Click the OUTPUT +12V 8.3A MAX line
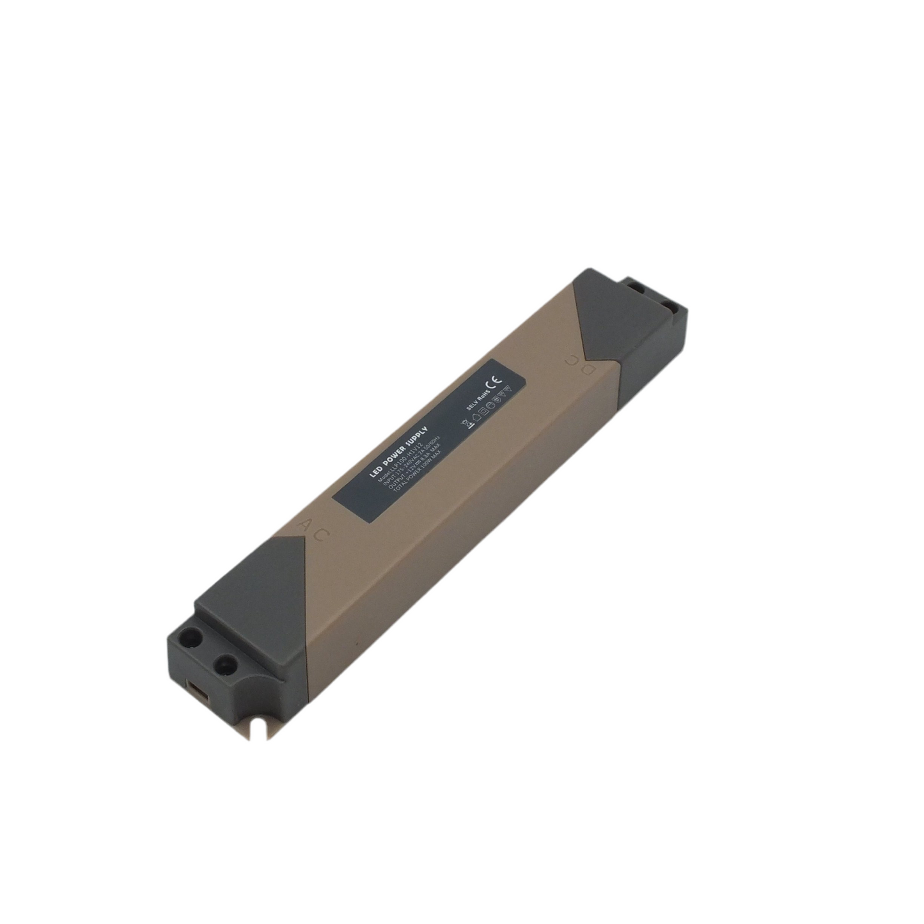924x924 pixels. pos(416,470)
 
